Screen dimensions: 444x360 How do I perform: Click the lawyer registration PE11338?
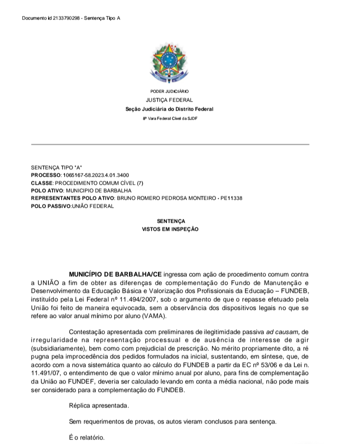[230, 198]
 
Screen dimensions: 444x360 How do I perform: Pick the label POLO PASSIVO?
[50, 206]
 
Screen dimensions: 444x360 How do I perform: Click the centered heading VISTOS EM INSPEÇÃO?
[170, 229]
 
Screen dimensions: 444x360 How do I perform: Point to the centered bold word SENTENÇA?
[170, 221]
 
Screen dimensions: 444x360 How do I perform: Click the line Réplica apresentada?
[98, 405]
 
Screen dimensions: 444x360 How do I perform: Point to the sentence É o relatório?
[87, 437]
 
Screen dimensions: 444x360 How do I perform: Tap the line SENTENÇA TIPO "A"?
[52, 168]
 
